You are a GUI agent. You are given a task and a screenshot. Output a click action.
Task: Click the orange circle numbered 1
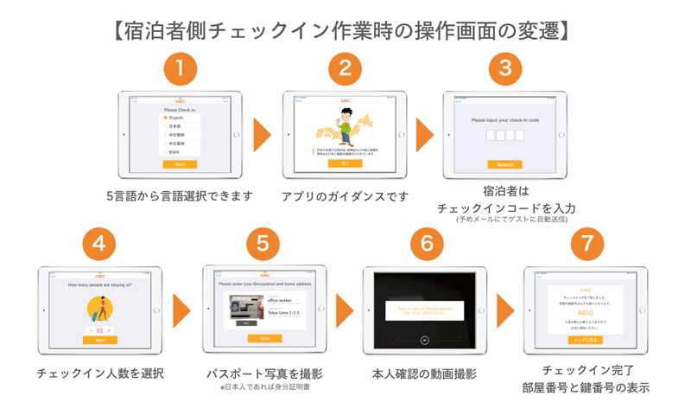[x=180, y=67]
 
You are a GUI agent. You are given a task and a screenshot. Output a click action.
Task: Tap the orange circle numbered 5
[x=263, y=244]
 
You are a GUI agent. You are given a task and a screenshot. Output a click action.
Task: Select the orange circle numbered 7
[x=587, y=244]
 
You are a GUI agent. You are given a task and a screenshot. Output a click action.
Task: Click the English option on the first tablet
[x=175, y=118]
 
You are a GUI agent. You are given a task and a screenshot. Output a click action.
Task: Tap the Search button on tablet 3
[x=504, y=164]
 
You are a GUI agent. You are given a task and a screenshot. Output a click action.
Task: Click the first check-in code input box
[x=490, y=136]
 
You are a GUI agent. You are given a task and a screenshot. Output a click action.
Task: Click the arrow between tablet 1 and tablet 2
[x=262, y=135]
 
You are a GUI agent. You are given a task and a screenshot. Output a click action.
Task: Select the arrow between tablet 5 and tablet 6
[x=345, y=310]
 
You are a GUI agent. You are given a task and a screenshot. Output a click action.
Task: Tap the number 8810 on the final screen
[x=586, y=312]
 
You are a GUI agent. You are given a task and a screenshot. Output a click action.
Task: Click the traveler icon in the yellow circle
[x=99, y=310]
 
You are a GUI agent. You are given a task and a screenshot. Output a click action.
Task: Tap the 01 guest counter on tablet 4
[x=99, y=330]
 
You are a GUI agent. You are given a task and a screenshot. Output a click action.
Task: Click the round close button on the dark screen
[x=424, y=341]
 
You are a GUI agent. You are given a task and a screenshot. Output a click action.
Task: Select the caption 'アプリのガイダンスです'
[x=345, y=196]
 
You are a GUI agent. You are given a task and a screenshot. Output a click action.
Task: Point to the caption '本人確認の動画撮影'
[x=424, y=373]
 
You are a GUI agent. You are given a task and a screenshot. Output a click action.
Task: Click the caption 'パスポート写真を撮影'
[x=263, y=373]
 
